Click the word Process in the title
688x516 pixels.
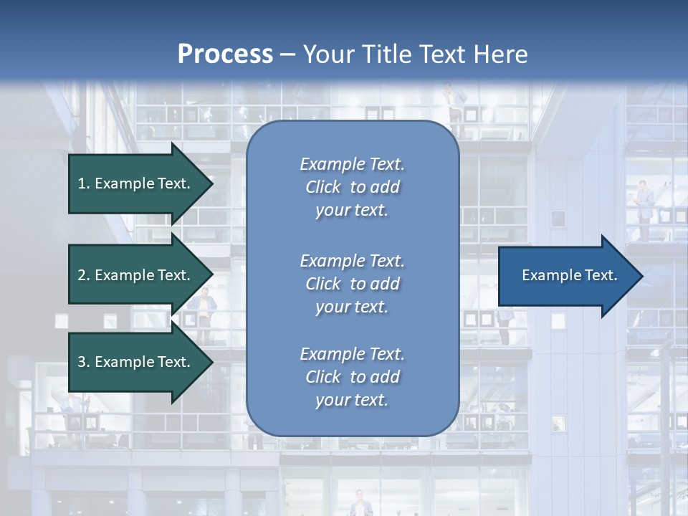(x=225, y=54)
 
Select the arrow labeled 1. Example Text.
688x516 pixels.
(x=136, y=183)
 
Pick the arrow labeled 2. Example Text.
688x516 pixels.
(x=136, y=275)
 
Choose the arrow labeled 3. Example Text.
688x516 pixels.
(x=136, y=363)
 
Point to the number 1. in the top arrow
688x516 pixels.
(x=84, y=183)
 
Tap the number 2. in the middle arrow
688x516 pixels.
(x=84, y=275)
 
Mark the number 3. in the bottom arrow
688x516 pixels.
(x=84, y=363)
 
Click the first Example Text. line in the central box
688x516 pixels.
(x=352, y=164)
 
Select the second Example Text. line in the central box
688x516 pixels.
(x=352, y=261)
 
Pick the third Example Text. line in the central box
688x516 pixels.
(x=352, y=354)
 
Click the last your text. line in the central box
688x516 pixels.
(x=352, y=401)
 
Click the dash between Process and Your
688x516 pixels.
(x=287, y=54)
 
